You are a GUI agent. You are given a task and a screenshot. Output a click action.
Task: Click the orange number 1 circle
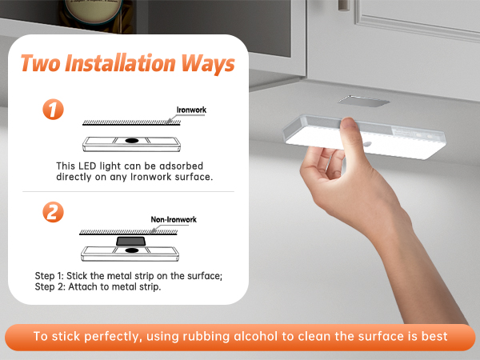pyautogui.click(x=53, y=110)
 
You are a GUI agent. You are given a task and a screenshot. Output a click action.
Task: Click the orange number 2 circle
pyautogui.click(x=53, y=212)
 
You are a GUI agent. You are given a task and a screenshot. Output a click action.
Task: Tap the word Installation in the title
pyautogui.click(x=120, y=63)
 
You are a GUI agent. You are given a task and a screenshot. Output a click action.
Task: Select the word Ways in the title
pyautogui.click(x=207, y=64)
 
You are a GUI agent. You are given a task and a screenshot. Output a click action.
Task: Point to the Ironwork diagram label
pyautogui.click(x=191, y=110)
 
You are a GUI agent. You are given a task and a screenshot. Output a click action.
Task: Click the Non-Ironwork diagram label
pyautogui.click(x=174, y=219)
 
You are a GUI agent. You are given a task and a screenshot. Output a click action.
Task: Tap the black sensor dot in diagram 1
pyautogui.click(x=132, y=141)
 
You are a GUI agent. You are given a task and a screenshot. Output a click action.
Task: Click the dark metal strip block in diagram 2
pyautogui.click(x=130, y=241)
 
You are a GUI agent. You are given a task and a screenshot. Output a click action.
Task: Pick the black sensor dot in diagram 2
pyautogui.click(x=132, y=250)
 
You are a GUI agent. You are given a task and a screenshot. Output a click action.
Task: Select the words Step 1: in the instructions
pyautogui.click(x=50, y=276)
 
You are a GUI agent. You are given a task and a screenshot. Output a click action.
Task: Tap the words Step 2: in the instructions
pyautogui.click(x=50, y=287)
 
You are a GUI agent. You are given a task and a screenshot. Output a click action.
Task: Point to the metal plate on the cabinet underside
pyautogui.click(x=363, y=102)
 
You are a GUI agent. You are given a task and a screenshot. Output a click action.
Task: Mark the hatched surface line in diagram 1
pyautogui.click(x=131, y=122)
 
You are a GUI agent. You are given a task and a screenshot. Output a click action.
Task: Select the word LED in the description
pyautogui.click(x=87, y=166)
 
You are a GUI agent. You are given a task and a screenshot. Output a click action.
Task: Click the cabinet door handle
pyautogui.click(x=344, y=6)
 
